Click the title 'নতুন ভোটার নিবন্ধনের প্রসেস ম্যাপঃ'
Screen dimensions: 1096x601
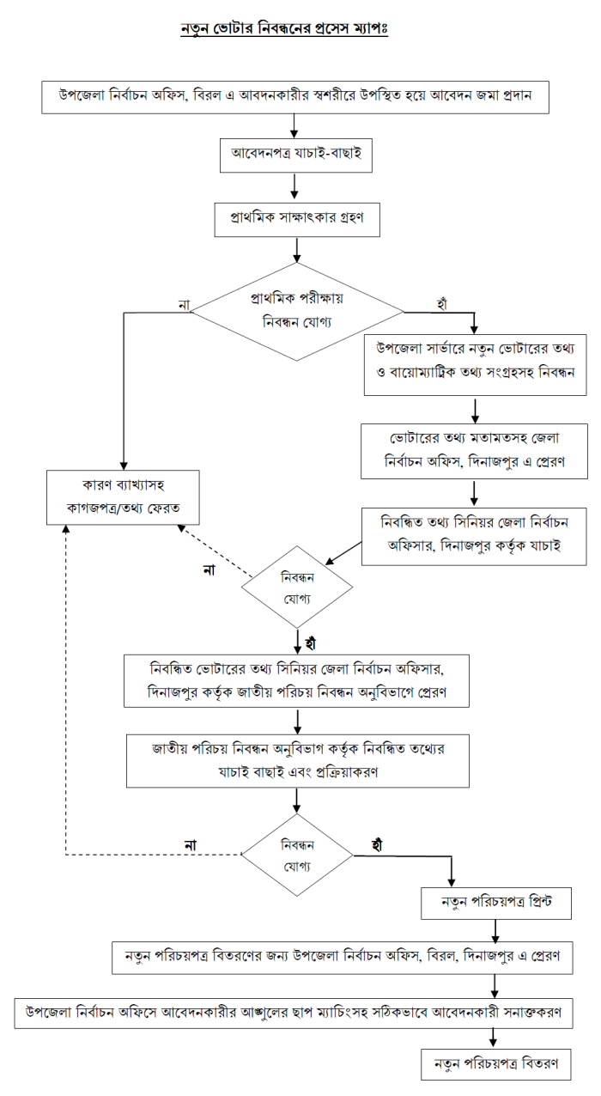[284, 28]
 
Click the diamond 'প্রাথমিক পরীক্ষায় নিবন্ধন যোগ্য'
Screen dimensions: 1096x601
[296, 312]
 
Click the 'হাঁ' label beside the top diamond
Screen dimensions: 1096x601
[443, 304]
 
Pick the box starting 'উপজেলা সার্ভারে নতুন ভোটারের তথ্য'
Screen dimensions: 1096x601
[475, 364]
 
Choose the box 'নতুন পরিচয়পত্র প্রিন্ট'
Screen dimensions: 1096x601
[495, 904]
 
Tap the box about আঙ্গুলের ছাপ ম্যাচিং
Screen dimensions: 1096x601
[294, 1011]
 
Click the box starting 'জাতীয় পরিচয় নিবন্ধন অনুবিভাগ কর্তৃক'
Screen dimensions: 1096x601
[297, 759]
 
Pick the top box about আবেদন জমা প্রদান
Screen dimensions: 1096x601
[296, 96]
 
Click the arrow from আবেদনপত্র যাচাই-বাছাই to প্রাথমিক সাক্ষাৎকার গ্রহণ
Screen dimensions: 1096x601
[295, 186]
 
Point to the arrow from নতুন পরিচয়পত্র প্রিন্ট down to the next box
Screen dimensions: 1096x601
[495, 930]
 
